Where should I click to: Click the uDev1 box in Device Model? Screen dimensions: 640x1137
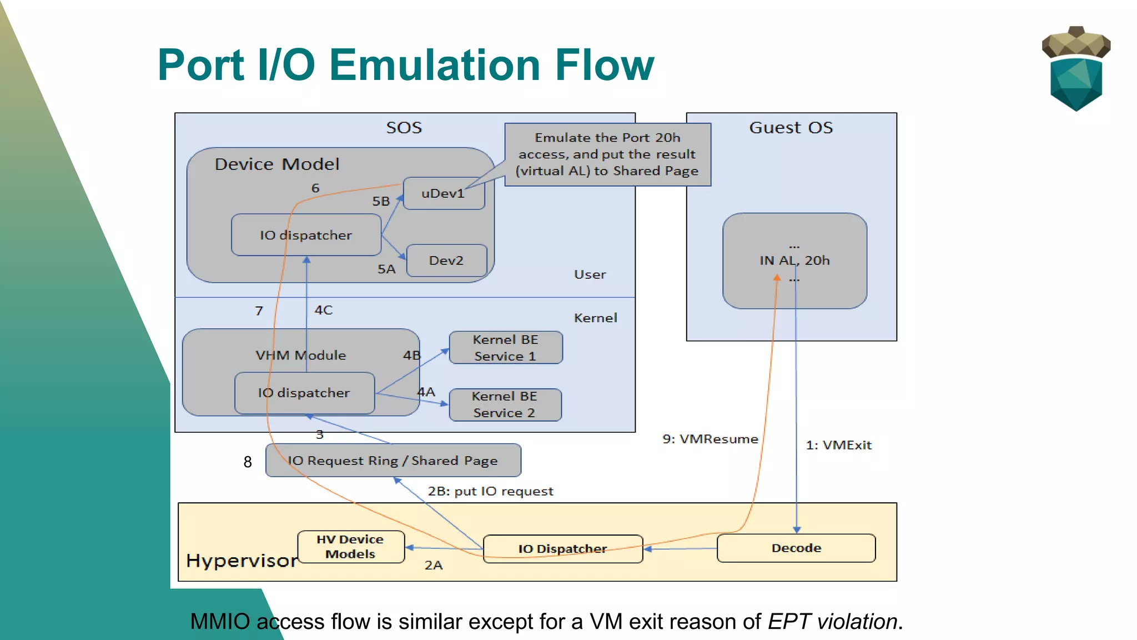(x=444, y=193)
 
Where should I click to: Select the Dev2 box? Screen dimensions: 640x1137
(x=446, y=261)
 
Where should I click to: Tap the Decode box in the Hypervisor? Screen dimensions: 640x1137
(x=796, y=548)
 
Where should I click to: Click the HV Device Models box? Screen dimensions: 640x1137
(x=350, y=547)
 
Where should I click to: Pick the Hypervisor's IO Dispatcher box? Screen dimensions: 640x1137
(x=562, y=549)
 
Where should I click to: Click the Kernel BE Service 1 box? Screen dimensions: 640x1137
(x=505, y=348)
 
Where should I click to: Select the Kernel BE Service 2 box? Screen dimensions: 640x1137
(x=505, y=404)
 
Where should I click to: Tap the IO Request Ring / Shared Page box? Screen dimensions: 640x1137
(x=393, y=461)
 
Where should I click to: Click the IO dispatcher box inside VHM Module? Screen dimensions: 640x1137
(x=304, y=393)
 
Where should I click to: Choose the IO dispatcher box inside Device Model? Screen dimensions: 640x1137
(x=306, y=236)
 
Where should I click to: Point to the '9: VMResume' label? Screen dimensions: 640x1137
(x=710, y=439)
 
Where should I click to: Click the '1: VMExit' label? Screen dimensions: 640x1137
(x=838, y=446)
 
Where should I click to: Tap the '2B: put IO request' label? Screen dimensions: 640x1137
(x=490, y=492)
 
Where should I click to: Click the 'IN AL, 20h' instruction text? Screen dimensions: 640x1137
(x=794, y=261)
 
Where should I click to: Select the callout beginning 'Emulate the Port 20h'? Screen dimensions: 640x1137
(x=607, y=154)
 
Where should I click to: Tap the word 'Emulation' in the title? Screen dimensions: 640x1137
(x=434, y=65)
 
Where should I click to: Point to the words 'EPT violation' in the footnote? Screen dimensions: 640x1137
(x=832, y=622)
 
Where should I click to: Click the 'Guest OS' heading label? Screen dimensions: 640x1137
(x=791, y=128)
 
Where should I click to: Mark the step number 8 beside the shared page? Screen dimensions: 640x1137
(x=248, y=462)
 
